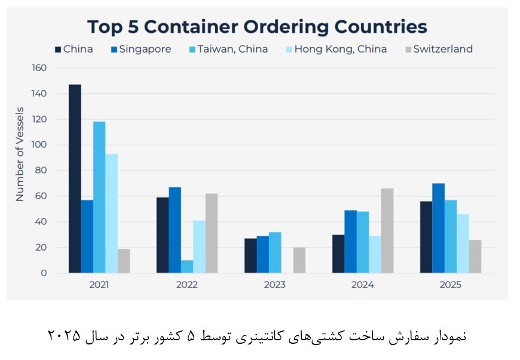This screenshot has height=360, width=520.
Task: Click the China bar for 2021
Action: pyautogui.click(x=75, y=179)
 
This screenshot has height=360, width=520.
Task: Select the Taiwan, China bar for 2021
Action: pyautogui.click(x=99, y=197)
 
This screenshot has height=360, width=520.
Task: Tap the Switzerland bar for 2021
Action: pyautogui.click(x=124, y=261)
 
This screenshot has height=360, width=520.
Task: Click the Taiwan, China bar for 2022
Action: pyautogui.click(x=187, y=267)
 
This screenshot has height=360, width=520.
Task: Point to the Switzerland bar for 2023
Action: pyautogui.click(x=299, y=260)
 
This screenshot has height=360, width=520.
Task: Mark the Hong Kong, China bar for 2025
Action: pyautogui.click(x=463, y=243)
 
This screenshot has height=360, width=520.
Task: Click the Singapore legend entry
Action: pyautogui.click(x=140, y=49)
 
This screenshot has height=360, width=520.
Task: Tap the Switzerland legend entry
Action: pyautogui.click(x=439, y=49)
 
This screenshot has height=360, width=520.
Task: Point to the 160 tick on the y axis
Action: pyautogui.click(x=39, y=68)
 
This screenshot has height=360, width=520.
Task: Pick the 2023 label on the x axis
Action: pyautogui.click(x=275, y=285)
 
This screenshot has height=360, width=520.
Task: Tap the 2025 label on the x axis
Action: pyautogui.click(x=450, y=285)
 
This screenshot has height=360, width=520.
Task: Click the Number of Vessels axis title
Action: pyautogui.click(x=20, y=154)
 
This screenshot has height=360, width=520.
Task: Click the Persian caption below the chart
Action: pyautogui.click(x=256, y=335)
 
